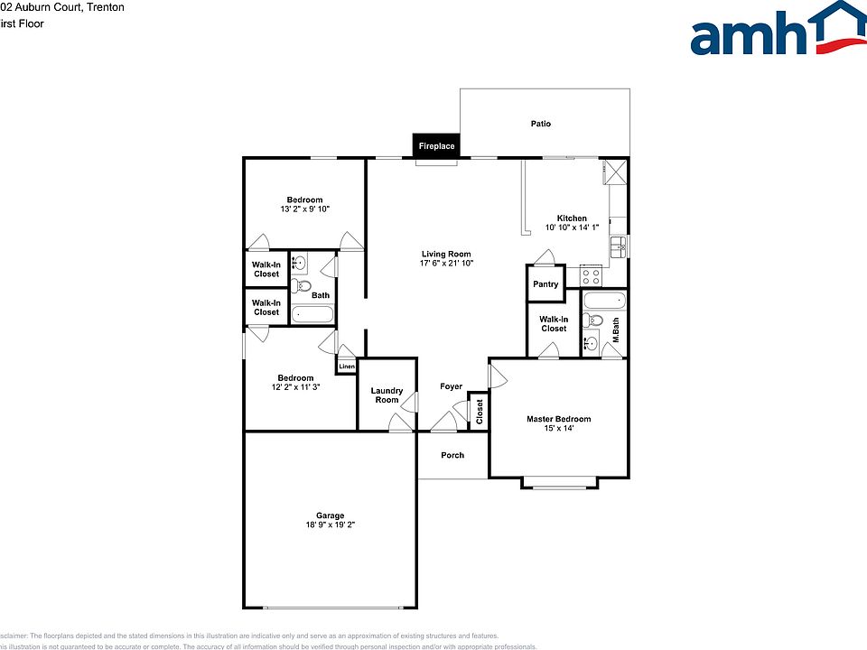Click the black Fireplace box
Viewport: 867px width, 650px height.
coord(436,145)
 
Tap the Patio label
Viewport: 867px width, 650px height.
coord(540,124)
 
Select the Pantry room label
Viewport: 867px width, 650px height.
coord(545,284)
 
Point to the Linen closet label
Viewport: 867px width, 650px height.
coord(347,367)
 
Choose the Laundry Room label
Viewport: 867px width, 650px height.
coord(387,395)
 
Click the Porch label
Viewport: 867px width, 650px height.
coord(452,455)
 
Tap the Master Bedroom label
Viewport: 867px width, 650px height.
coord(559,419)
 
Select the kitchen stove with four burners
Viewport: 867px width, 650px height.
coord(591,275)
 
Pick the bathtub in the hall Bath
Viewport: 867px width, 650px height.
coord(312,315)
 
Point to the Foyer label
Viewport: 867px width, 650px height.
coord(451,386)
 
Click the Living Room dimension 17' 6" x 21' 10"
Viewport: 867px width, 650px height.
coord(446,264)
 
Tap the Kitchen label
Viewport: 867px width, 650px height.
coord(572,218)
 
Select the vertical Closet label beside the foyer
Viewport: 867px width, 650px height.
coord(480,412)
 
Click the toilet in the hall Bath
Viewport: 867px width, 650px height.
coord(302,286)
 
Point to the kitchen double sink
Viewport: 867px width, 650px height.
coord(619,246)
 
